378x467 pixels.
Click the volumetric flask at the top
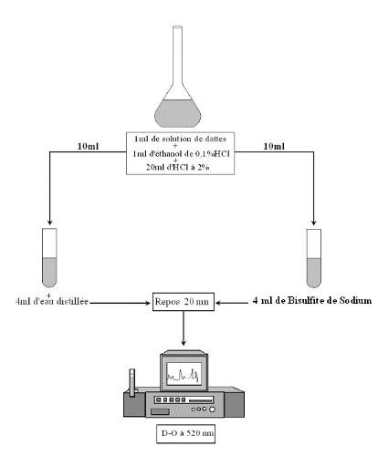[x=178, y=100]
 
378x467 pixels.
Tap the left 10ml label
[x=89, y=146]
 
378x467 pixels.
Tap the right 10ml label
[x=274, y=146]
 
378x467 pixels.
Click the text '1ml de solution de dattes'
[x=181, y=139]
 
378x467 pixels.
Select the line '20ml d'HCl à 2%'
[x=177, y=167]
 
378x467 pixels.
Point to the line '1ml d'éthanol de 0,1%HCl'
[x=181, y=153]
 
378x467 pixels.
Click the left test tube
[x=49, y=258]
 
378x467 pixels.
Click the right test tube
[x=314, y=258]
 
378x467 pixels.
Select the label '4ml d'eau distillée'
[x=52, y=301]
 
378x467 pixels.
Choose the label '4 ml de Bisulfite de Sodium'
[x=312, y=301]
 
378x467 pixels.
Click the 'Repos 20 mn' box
[x=184, y=302]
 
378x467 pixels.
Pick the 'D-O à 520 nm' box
[x=186, y=434]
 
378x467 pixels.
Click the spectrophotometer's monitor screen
[x=184, y=374]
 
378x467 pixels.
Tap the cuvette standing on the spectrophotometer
[x=132, y=383]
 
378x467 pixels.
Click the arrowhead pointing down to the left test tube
[x=50, y=223]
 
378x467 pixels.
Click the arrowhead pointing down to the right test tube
[x=314, y=223]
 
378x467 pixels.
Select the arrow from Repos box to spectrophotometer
[x=184, y=328]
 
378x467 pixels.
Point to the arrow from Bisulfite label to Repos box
[x=232, y=303]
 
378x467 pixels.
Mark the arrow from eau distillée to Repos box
[x=121, y=303]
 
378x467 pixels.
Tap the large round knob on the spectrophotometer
[x=212, y=410]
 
